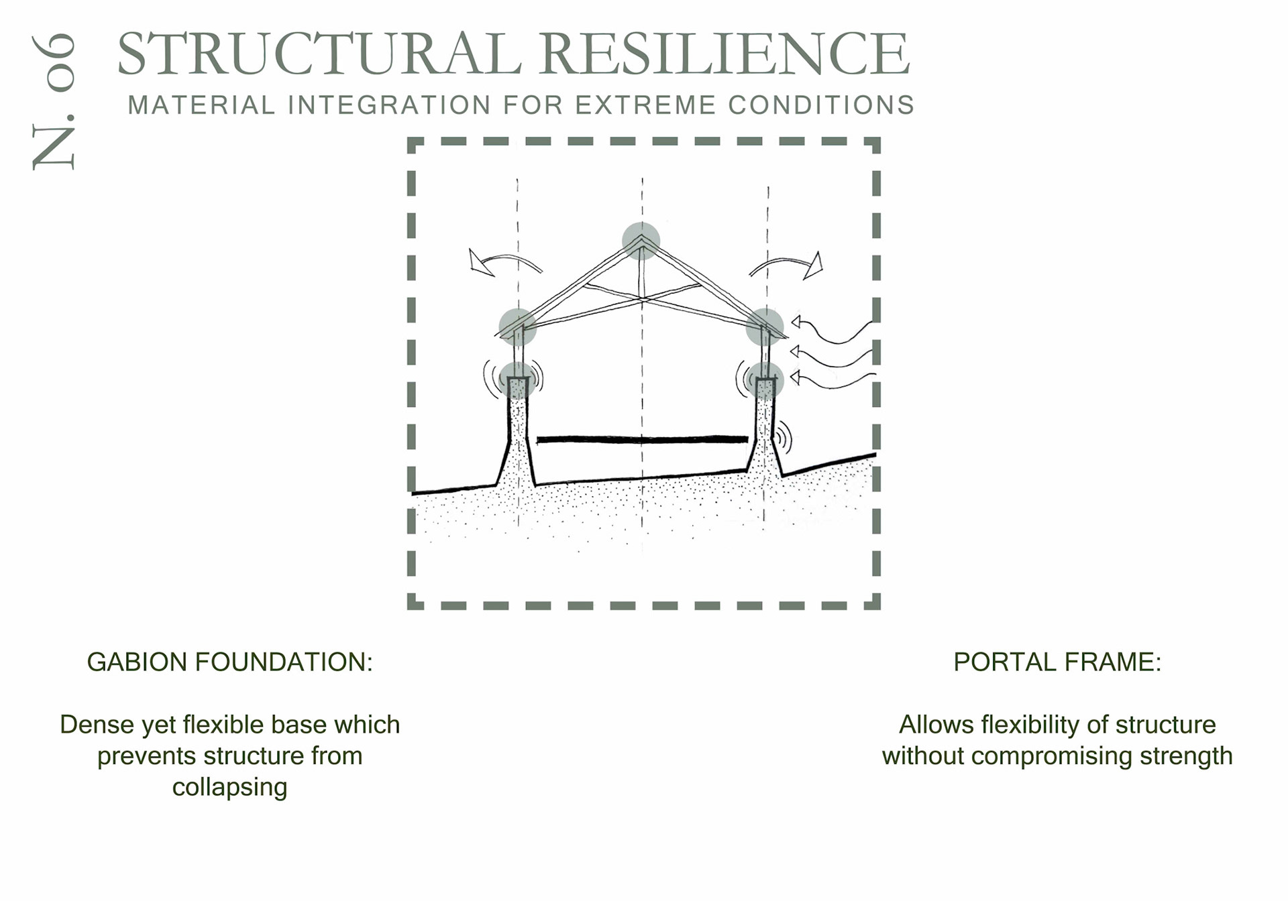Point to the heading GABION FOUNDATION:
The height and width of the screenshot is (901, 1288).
[x=229, y=662]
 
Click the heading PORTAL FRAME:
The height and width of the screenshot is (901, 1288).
[x=1057, y=662]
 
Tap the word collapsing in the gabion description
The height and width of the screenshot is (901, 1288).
[x=229, y=787]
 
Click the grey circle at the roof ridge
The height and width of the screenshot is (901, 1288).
[x=641, y=241]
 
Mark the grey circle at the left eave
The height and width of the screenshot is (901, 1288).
[x=517, y=327]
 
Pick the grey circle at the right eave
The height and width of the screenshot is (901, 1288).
[x=765, y=327]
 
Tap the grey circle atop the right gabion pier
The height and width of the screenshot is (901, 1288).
[x=765, y=380]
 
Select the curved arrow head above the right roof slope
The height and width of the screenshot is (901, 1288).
[x=813, y=265]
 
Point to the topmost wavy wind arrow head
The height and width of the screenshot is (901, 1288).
[x=796, y=322]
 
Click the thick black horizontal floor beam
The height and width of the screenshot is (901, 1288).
[x=642, y=440]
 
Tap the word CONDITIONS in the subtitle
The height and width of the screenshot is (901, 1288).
[x=821, y=105]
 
